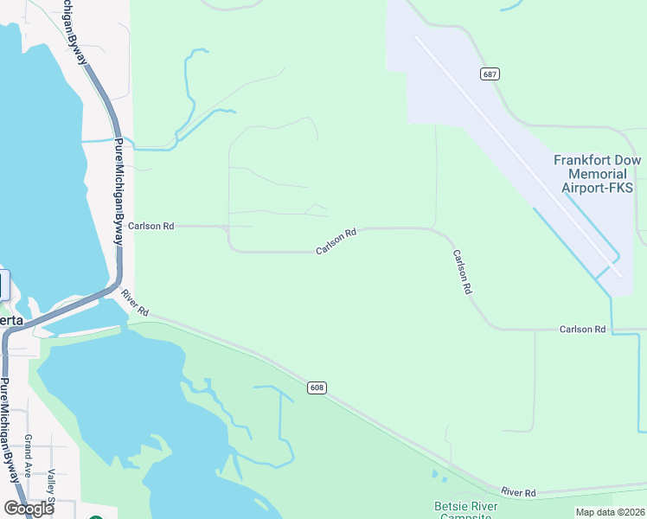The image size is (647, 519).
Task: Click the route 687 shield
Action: point(490,74)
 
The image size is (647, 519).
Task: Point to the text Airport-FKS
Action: point(598,188)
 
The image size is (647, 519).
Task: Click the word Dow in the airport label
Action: point(629,160)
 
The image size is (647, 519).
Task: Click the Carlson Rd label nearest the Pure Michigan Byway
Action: point(151,226)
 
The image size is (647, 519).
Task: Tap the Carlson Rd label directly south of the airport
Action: point(582,330)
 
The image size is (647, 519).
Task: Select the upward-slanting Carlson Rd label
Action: point(336,241)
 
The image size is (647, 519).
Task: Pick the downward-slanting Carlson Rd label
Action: point(461,272)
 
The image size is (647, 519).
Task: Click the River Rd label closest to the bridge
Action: point(136,301)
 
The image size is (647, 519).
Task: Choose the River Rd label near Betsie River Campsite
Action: point(518,492)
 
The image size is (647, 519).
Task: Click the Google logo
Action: point(28,509)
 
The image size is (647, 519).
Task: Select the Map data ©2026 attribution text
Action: point(610,512)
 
